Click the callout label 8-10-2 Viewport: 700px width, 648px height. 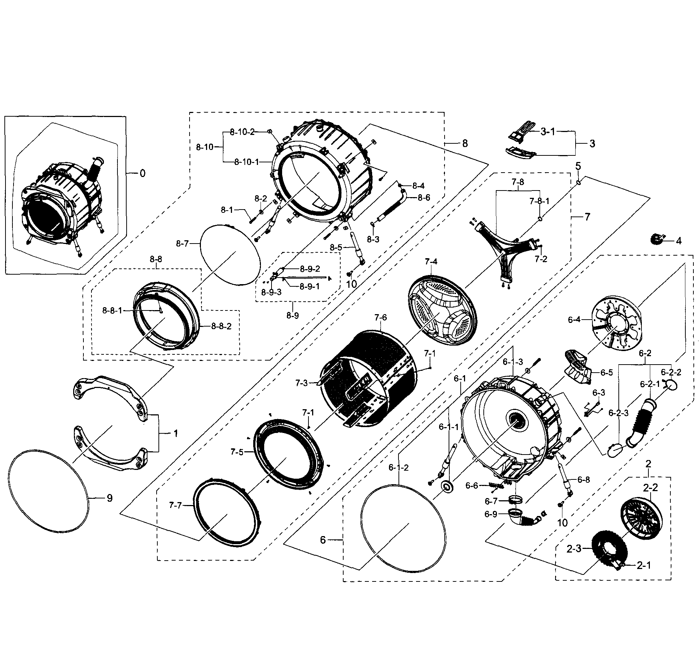pyautogui.click(x=242, y=132)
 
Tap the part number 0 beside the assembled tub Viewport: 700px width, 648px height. pyautogui.click(x=142, y=173)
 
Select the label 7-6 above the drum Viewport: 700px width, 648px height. pyautogui.click(x=380, y=317)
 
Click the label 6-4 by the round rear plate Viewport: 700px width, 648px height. pyautogui.click(x=574, y=320)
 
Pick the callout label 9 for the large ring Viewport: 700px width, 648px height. pyautogui.click(x=109, y=498)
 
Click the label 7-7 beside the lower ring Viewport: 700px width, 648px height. pyautogui.click(x=175, y=505)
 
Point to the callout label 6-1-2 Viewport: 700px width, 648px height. pyautogui.click(x=398, y=467)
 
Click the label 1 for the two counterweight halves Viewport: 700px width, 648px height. pyautogui.click(x=175, y=434)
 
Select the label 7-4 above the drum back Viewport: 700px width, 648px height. pyautogui.click(x=431, y=261)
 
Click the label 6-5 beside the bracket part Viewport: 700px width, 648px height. pyautogui.click(x=606, y=372)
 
